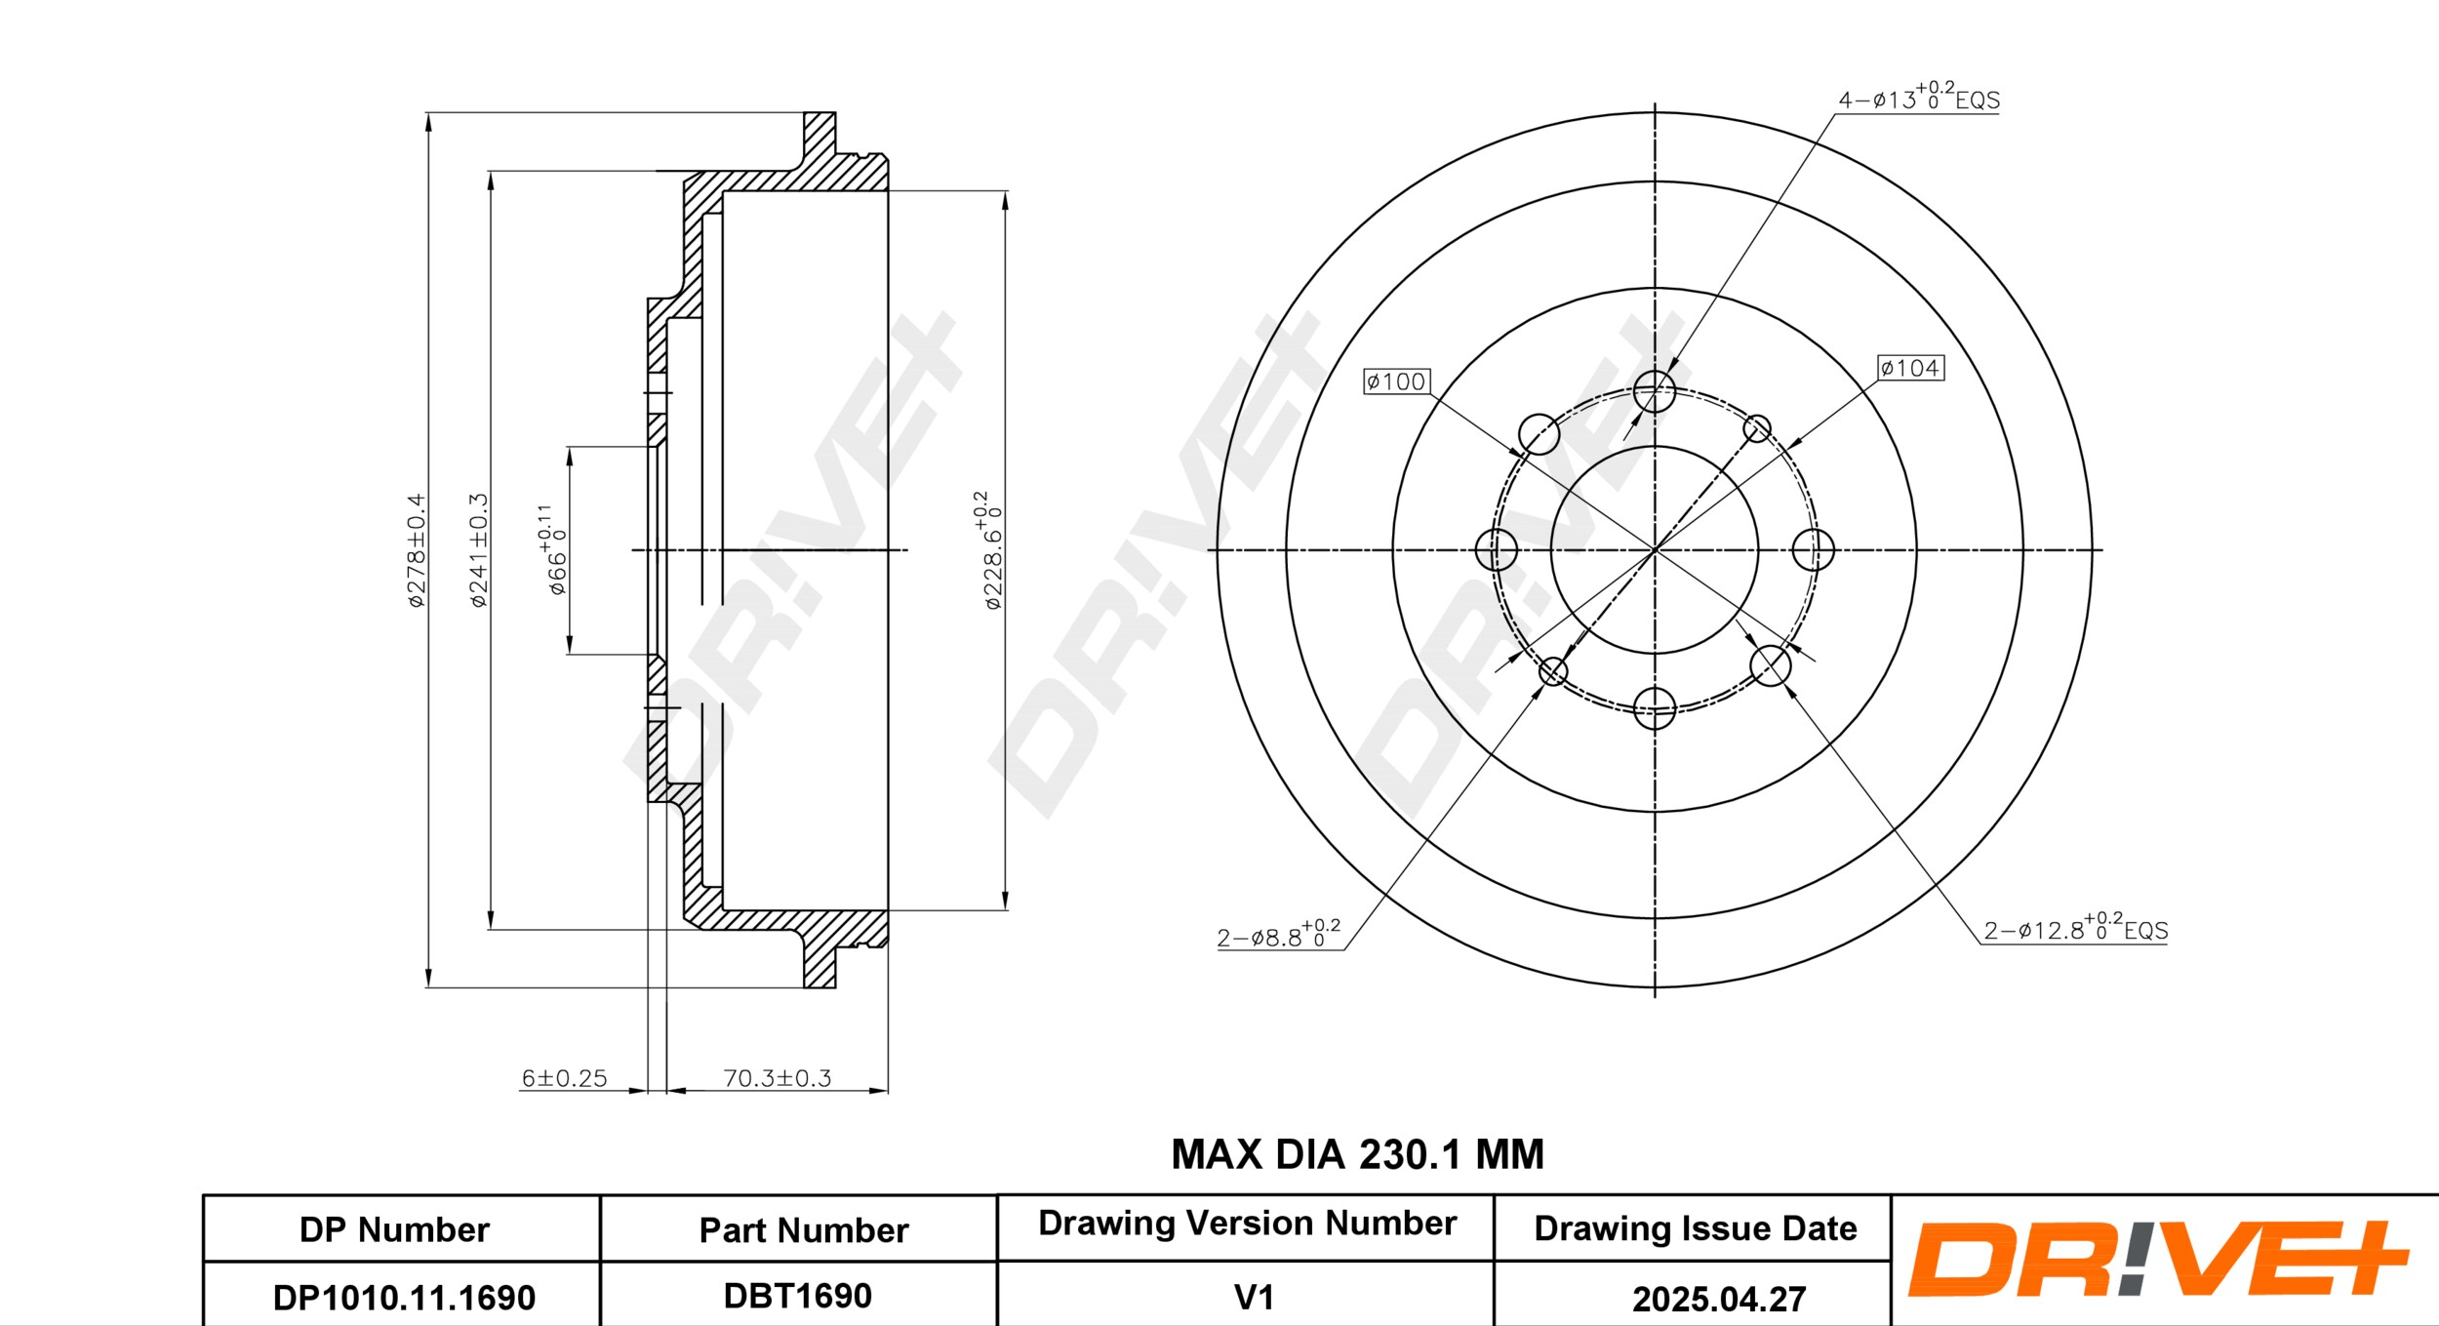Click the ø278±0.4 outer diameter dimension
pyautogui.click(x=417, y=550)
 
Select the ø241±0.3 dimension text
pyautogui.click(x=478, y=550)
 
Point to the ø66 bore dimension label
pyautogui.click(x=553, y=550)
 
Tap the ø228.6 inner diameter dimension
pyautogui.click(x=989, y=550)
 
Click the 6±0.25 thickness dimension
pyautogui.click(x=564, y=1078)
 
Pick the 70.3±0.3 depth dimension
pyautogui.click(x=777, y=1078)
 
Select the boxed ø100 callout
pyautogui.click(x=1396, y=382)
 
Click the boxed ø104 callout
pyautogui.click(x=1910, y=368)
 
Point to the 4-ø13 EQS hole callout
pyautogui.click(x=1918, y=99)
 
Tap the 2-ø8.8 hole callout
pyautogui.click(x=1278, y=936)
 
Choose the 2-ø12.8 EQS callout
pyautogui.click(x=2075, y=929)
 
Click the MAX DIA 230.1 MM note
pyautogui.click(x=1357, y=1154)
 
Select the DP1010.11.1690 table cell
pyautogui.click(x=404, y=1298)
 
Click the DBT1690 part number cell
pyautogui.click(x=797, y=1296)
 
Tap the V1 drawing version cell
pyautogui.click(x=1254, y=1298)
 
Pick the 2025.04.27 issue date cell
pyautogui.click(x=1719, y=1299)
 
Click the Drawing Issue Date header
pyautogui.click(x=1695, y=1228)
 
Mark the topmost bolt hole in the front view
pyautogui.click(x=1655, y=391)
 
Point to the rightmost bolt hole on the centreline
pyautogui.click(x=1813, y=550)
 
